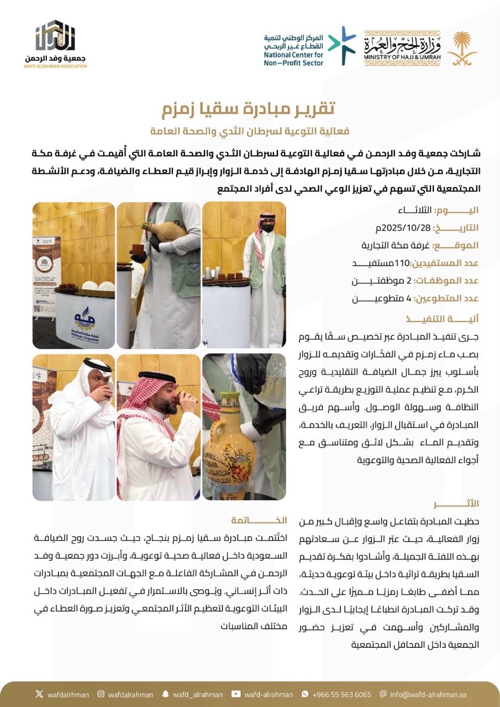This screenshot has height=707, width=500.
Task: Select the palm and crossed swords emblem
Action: [x=461, y=49]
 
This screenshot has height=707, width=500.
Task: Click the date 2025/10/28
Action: [x=401, y=228]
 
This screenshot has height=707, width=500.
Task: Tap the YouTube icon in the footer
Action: [x=236, y=694]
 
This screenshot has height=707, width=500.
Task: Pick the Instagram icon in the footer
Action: [x=101, y=694]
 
